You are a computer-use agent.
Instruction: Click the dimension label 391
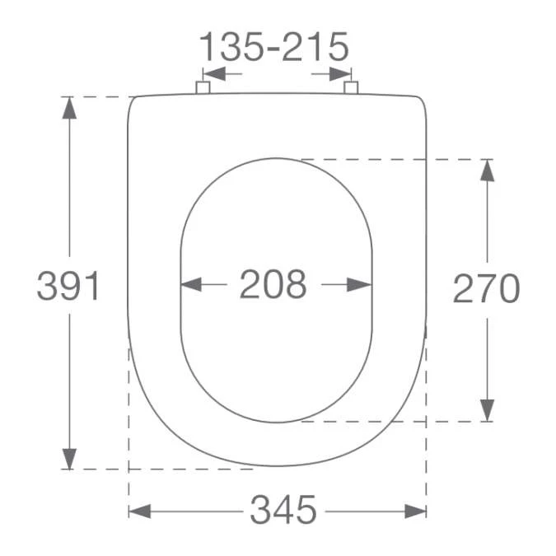(68, 286)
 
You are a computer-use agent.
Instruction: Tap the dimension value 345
(283, 511)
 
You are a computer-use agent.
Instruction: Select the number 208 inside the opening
(273, 285)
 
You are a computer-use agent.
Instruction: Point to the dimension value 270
(486, 288)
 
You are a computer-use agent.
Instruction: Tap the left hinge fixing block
(203, 87)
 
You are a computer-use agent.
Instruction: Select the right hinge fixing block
(351, 87)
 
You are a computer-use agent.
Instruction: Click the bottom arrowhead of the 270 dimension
(488, 409)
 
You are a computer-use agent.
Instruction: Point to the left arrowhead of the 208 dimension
(191, 285)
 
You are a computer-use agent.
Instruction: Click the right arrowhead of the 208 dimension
(360, 285)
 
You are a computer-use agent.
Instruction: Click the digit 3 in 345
(260, 511)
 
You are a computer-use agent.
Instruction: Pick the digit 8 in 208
(296, 285)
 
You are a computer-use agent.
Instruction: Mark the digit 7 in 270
(486, 288)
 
